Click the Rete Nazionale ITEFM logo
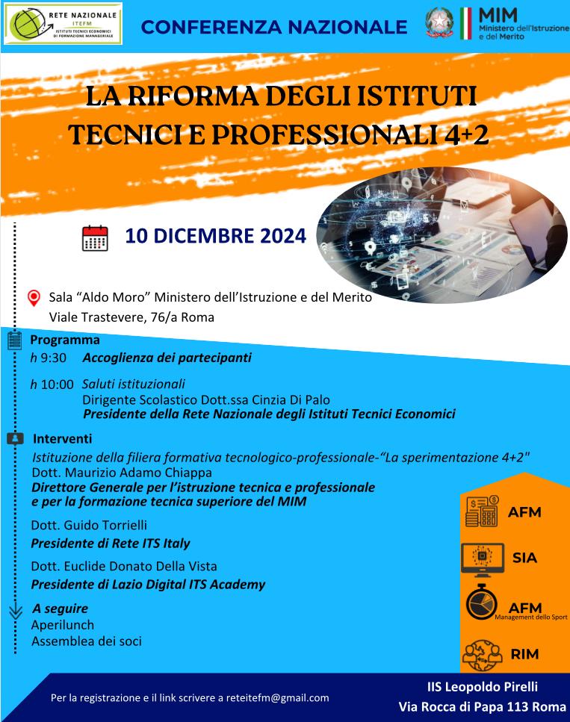(x=63, y=24)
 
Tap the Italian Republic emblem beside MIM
(x=439, y=22)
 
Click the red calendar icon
(x=95, y=237)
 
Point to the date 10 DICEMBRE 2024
(x=216, y=236)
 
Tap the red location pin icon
(x=34, y=299)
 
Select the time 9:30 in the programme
(x=54, y=358)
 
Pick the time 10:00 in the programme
(x=58, y=385)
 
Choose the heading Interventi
(x=63, y=438)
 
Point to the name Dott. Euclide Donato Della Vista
(x=124, y=566)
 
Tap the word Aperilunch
(x=63, y=625)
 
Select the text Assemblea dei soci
(x=87, y=641)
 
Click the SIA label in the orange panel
(x=524, y=557)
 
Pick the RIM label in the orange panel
(x=524, y=654)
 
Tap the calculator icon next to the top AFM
(x=482, y=512)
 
